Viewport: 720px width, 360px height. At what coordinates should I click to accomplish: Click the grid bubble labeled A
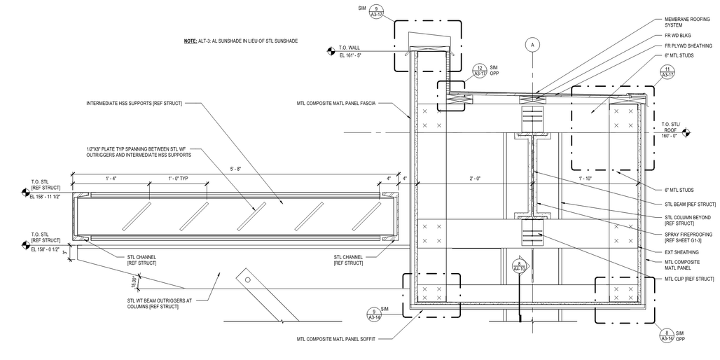click(533, 45)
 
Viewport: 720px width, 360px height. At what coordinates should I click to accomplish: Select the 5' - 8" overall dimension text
click(236, 169)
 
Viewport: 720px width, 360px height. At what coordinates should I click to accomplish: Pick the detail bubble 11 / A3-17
click(667, 72)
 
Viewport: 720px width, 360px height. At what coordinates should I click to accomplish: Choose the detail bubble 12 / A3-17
click(480, 70)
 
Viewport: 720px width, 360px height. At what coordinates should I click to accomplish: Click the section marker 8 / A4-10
click(519, 266)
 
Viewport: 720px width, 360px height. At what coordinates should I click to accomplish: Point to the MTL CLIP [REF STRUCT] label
click(689, 279)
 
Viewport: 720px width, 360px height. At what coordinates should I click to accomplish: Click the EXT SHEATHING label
click(681, 252)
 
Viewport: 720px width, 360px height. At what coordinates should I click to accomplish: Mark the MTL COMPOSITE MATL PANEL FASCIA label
click(336, 104)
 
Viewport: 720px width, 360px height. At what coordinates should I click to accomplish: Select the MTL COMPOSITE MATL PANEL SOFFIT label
click(336, 339)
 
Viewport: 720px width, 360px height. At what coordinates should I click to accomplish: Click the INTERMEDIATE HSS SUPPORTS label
click(134, 104)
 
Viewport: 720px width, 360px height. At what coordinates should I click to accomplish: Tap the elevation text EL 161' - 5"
click(350, 55)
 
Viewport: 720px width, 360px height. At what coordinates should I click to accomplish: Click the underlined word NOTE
click(190, 41)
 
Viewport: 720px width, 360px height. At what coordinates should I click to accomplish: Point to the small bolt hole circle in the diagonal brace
click(247, 279)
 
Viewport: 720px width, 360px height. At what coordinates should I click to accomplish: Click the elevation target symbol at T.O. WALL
click(330, 51)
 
